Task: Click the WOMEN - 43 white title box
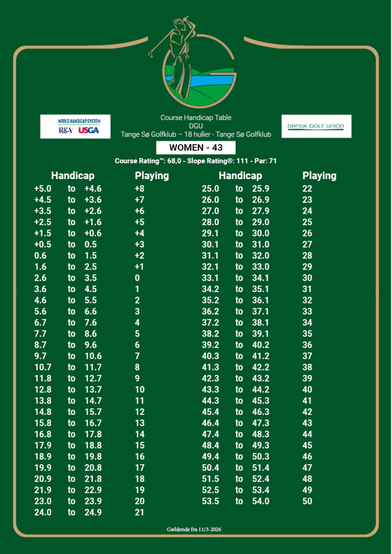click(x=195, y=148)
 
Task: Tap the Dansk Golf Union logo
click(x=316, y=126)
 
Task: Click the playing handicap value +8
click(x=140, y=189)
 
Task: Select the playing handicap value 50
click(x=307, y=501)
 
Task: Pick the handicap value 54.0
click(x=260, y=501)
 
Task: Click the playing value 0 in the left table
click(x=138, y=278)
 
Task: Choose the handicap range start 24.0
click(x=43, y=512)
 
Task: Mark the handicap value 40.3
click(x=210, y=356)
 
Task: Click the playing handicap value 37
click(x=307, y=356)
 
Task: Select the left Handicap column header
click(x=73, y=176)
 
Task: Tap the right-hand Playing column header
click(x=319, y=176)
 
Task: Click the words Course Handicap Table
click(x=195, y=117)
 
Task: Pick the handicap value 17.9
click(x=43, y=445)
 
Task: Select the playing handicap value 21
click(x=140, y=512)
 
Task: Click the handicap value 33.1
click(x=210, y=278)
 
